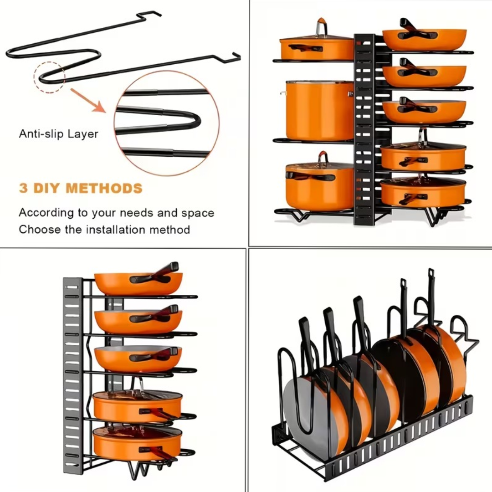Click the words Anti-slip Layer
58,134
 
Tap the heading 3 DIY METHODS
81,188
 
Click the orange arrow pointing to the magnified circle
88,101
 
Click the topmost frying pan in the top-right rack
424,39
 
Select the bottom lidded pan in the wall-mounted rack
137,443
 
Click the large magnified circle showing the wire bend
166,123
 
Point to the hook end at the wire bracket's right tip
236,56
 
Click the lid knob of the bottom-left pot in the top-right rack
323,157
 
